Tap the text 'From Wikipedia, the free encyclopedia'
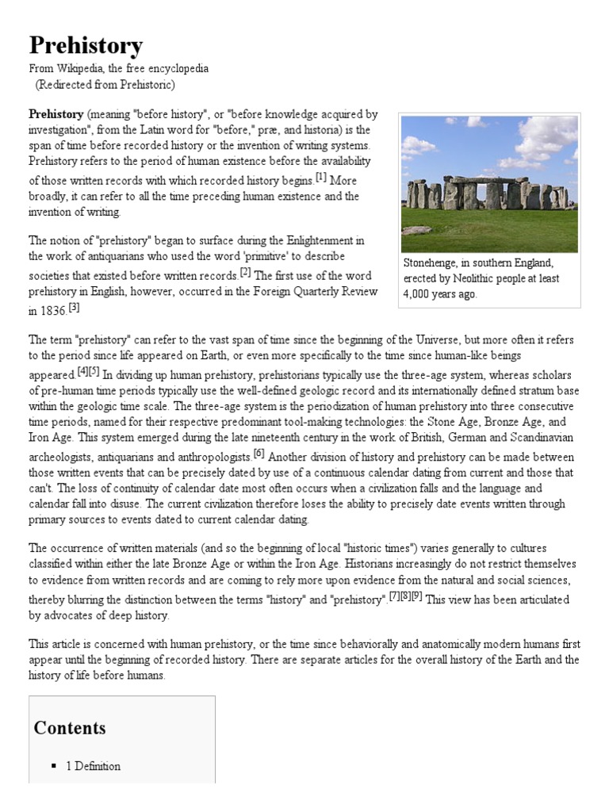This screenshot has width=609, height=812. tap(119, 68)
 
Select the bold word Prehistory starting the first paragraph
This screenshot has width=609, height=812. tap(56, 114)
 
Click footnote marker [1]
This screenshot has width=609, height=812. tap(320, 177)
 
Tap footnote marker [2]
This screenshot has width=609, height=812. tap(245, 272)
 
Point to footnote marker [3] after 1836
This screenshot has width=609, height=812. tap(74, 307)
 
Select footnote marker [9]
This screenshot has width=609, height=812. tap(416, 596)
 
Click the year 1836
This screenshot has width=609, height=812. tap(53, 312)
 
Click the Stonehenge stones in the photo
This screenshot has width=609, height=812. tap(485, 193)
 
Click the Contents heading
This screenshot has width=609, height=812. tap(70, 728)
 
